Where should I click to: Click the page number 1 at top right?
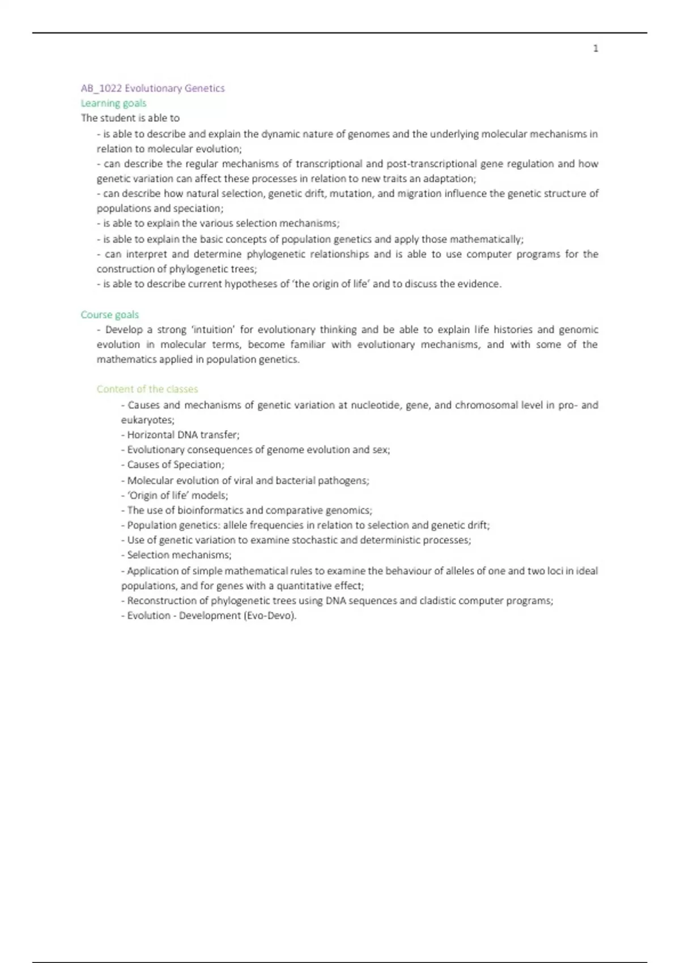tap(596, 49)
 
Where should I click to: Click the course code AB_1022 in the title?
tap(101, 88)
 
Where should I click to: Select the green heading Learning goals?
tap(113, 103)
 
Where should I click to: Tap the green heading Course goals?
tap(109, 314)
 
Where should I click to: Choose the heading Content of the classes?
tap(147, 389)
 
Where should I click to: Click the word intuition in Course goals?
tap(213, 330)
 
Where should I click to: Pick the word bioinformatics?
tap(210, 510)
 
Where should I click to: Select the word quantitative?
tap(309, 586)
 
